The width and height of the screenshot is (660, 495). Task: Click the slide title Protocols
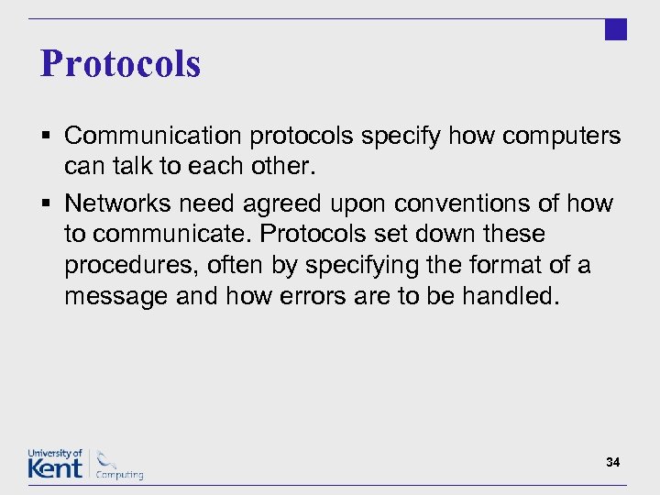pos(120,64)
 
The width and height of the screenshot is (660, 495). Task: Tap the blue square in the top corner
pos(616,29)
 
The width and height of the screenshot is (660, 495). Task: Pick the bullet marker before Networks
pos(45,203)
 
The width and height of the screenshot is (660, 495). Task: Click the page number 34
pos(612,463)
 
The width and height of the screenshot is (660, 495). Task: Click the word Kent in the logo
pos(55,468)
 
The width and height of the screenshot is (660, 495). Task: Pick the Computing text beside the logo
pos(120,475)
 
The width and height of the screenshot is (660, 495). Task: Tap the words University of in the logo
pos(55,454)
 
